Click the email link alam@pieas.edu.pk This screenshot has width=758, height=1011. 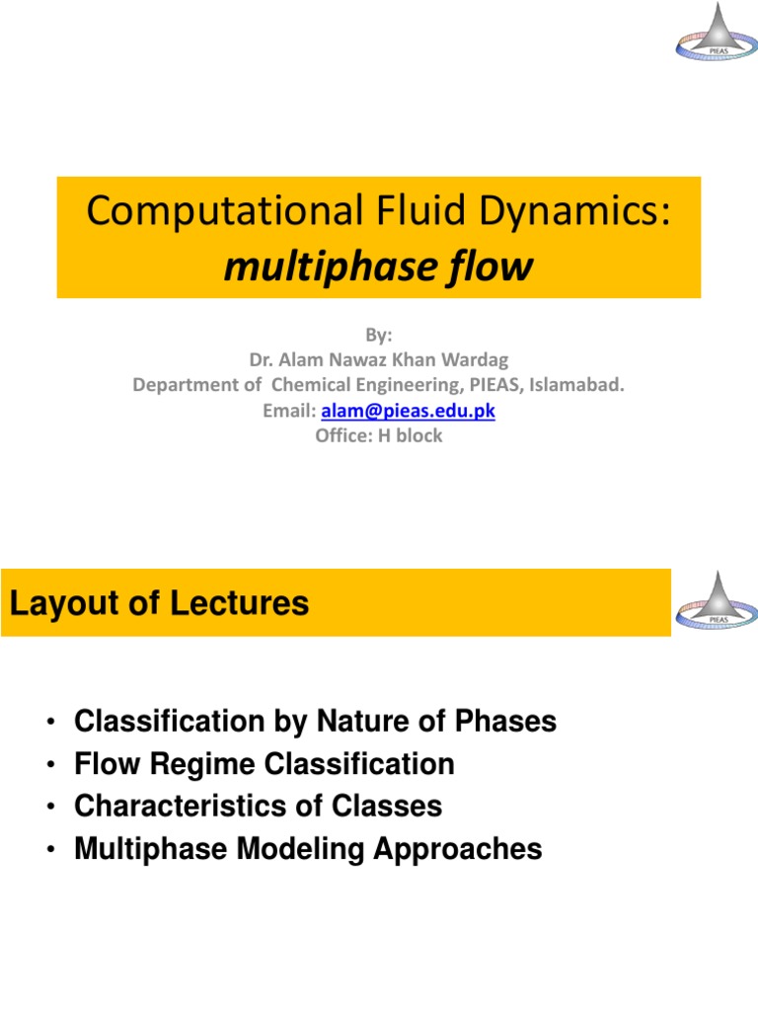tap(408, 411)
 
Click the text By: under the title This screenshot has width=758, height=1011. tap(379, 337)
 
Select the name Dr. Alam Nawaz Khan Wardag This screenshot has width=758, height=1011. tap(379, 361)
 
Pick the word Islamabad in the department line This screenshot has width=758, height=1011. tap(580, 386)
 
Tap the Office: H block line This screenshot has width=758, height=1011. tap(379, 435)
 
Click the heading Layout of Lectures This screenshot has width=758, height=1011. tap(159, 603)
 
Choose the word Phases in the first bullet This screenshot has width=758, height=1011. tap(508, 722)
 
